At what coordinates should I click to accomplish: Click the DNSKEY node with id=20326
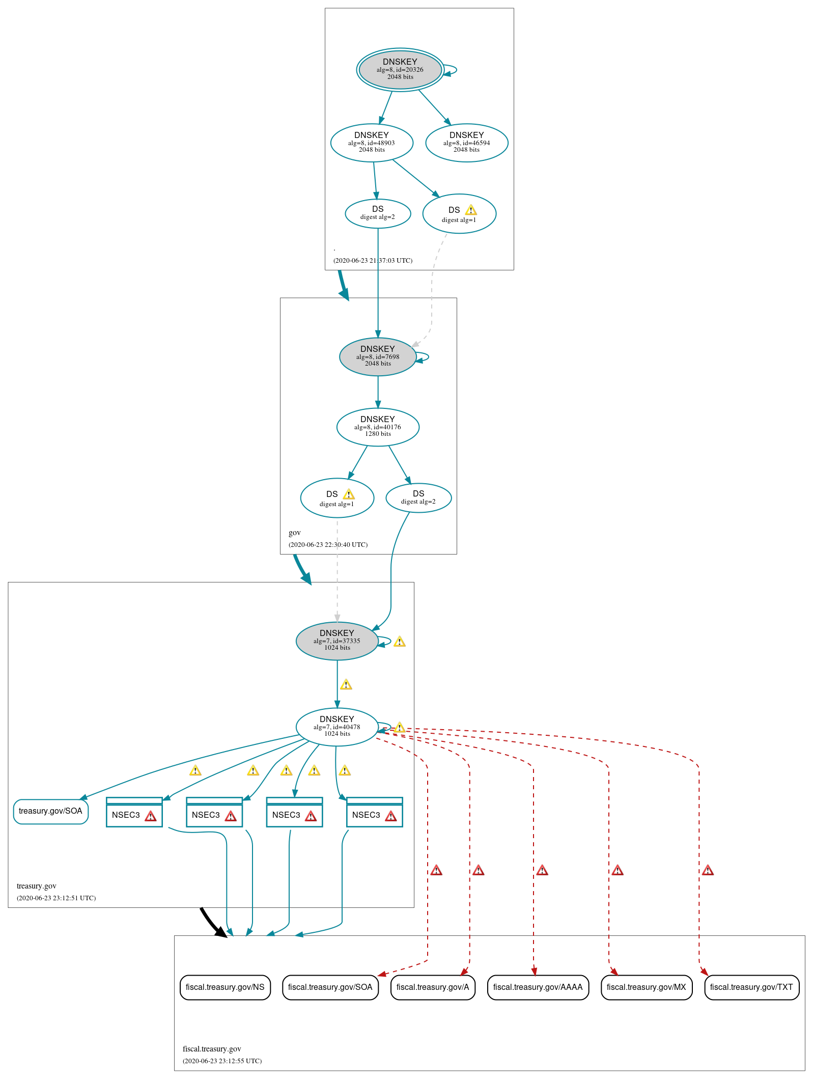(x=400, y=69)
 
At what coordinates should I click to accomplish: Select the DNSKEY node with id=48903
(x=372, y=143)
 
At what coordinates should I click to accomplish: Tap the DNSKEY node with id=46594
(x=466, y=143)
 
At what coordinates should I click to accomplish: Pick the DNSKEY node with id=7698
(x=377, y=356)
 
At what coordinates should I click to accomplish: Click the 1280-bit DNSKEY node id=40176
(x=377, y=427)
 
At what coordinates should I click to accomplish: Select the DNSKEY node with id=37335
(x=337, y=641)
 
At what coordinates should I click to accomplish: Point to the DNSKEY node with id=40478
(x=337, y=727)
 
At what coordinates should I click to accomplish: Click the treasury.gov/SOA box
(x=50, y=811)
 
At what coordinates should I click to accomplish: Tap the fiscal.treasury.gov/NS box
(x=225, y=987)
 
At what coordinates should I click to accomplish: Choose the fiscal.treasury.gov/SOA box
(x=330, y=987)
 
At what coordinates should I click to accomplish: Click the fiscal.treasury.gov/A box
(x=432, y=987)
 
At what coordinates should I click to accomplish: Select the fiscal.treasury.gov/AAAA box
(x=538, y=987)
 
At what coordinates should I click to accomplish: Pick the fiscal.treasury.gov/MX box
(x=646, y=987)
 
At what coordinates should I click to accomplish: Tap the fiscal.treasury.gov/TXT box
(x=751, y=987)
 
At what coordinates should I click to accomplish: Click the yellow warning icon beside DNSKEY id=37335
(x=400, y=642)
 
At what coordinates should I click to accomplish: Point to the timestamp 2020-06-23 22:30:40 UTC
(x=328, y=544)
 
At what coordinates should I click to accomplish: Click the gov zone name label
(x=294, y=533)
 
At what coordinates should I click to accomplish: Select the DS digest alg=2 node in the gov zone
(x=418, y=497)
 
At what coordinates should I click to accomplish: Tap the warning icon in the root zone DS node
(x=471, y=210)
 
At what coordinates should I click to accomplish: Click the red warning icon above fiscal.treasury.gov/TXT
(x=708, y=870)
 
